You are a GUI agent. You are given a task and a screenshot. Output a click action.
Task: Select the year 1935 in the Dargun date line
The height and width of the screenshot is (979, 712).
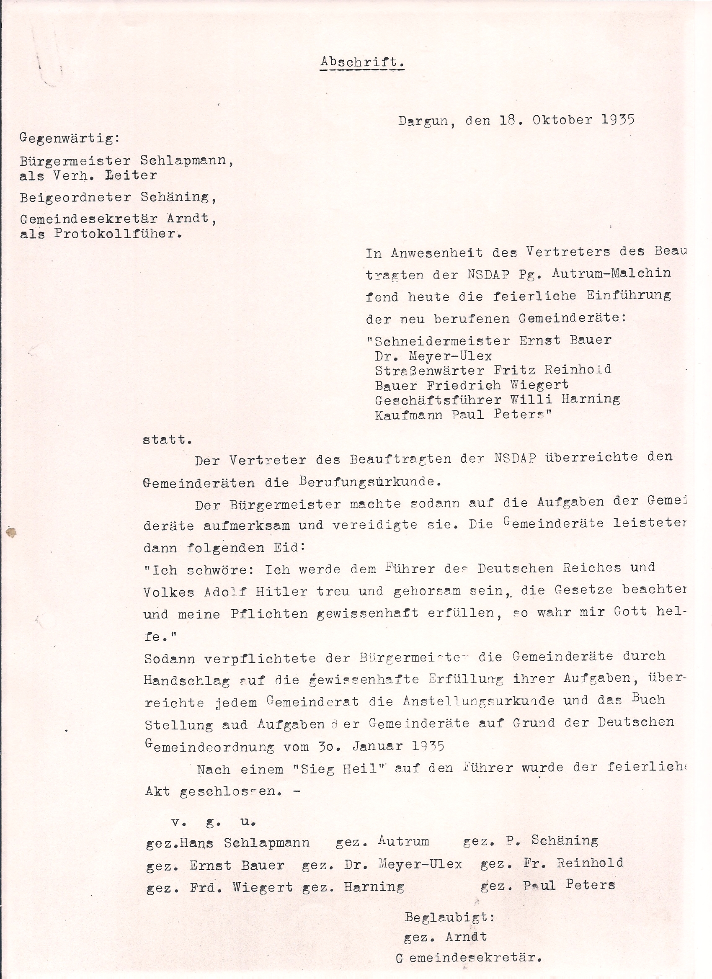click(617, 120)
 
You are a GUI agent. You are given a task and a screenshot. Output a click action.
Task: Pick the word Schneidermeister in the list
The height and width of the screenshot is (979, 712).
click(442, 341)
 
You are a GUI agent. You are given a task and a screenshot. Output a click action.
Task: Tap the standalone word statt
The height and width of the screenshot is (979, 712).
click(167, 441)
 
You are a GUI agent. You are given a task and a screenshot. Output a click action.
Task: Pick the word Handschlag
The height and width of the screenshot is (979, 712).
click(186, 681)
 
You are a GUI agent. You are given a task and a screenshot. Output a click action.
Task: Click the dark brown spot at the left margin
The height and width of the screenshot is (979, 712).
click(11, 533)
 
